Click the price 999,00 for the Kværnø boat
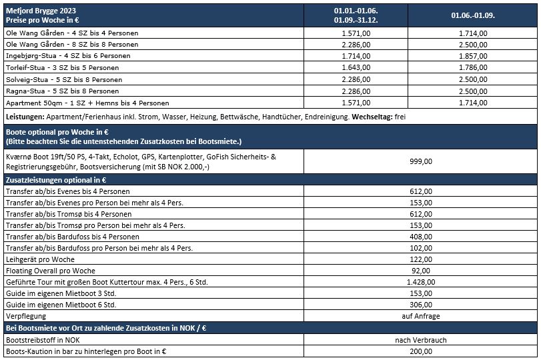coord(421,161)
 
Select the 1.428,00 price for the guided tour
coord(421,282)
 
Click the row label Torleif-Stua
coord(62,67)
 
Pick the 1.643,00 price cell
coord(356,67)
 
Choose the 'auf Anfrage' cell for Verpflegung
coord(421,316)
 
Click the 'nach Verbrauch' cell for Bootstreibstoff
coord(421,339)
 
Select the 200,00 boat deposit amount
coord(421,351)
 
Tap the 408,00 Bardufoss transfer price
coord(421,237)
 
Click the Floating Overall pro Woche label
coord(50,271)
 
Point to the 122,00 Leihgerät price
coord(421,259)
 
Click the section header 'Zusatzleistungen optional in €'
coord(57,180)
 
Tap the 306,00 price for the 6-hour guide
coord(421,305)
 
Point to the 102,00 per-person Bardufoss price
coord(421,248)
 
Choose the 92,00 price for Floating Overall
coord(421,271)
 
